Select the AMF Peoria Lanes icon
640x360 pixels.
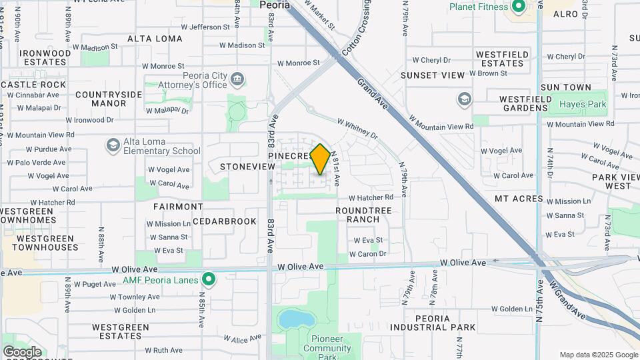pos(209,279)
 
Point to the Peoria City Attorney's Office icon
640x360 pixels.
pos(237,81)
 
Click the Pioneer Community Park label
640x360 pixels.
pos(327,348)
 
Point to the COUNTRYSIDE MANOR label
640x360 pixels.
pos(100,99)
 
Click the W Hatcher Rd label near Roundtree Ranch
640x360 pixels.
pos(371,197)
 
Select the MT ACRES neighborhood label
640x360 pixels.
pos(516,199)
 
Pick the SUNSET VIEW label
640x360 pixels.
pos(433,76)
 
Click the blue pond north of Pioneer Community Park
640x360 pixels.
pos(291,319)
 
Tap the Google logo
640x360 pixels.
pos(22,351)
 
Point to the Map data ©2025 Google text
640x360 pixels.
pos(598,355)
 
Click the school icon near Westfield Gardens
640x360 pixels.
pos(464,100)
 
